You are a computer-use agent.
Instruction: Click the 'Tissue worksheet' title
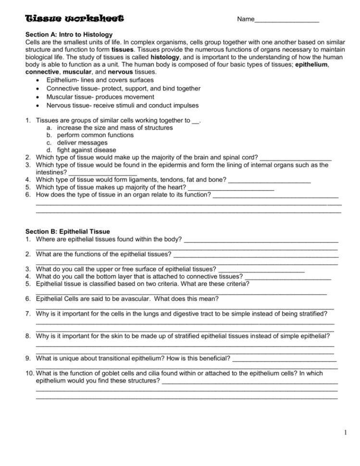[x=74, y=19]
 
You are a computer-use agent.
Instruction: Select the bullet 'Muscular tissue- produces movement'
[x=100, y=97]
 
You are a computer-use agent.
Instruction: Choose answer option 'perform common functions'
[x=95, y=135]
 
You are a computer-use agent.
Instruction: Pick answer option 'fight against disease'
[x=87, y=150]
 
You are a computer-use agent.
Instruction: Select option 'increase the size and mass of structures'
[x=115, y=128]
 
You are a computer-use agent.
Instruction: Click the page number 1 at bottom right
[x=346, y=433]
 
